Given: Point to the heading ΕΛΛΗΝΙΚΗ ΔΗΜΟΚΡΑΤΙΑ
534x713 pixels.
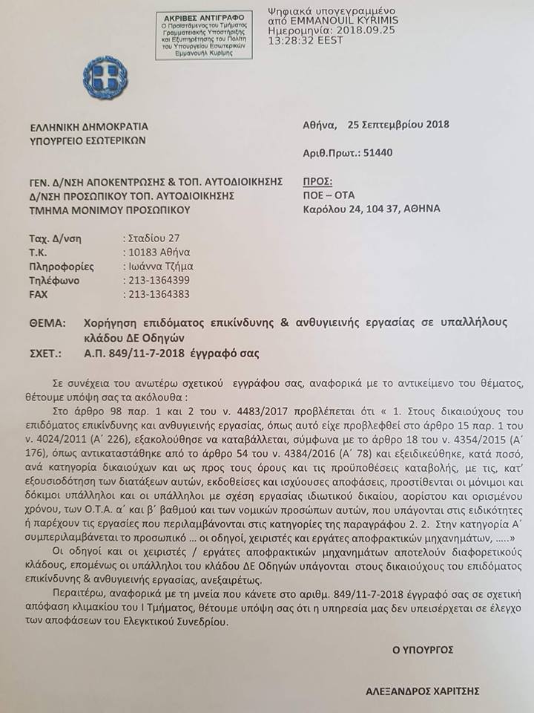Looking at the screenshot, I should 89,126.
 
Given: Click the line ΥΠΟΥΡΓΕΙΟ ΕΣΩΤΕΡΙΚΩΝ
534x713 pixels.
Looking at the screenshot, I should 88,140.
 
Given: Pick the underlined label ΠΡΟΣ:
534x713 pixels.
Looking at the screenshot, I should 318,181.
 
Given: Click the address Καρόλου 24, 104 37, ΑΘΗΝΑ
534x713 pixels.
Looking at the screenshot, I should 372,209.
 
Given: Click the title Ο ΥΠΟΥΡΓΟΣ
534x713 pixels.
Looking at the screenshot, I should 423,649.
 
